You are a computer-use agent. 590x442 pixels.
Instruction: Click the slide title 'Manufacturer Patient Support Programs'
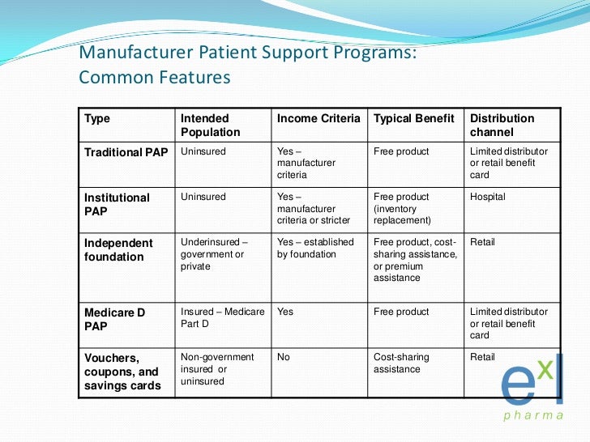(247, 53)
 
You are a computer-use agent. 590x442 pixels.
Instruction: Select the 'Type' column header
(97, 118)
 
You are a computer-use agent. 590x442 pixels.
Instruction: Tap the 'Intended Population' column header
(211, 125)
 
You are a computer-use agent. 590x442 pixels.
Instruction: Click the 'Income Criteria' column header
(319, 118)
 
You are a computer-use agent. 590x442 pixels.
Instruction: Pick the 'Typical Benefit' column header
(414, 118)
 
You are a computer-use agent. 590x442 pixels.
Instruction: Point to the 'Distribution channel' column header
(502, 125)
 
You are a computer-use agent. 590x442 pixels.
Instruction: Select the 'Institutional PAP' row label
(117, 204)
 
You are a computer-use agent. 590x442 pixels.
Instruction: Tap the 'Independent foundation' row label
(118, 249)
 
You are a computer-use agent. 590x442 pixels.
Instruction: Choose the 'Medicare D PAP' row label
(116, 319)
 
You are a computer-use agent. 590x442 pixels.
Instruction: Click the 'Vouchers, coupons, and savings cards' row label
(122, 371)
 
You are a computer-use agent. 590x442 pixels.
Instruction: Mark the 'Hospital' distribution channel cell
(488, 197)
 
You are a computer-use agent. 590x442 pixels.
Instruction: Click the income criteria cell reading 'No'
(284, 357)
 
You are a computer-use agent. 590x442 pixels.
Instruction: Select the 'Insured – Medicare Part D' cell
(222, 317)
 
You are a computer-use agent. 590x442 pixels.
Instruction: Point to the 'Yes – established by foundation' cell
(315, 248)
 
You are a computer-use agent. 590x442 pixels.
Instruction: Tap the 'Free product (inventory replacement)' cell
(404, 208)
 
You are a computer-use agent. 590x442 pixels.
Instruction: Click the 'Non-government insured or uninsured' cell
(217, 368)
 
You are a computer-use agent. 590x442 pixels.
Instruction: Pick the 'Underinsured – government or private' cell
(214, 253)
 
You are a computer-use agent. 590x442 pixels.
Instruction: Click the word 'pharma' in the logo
(533, 416)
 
